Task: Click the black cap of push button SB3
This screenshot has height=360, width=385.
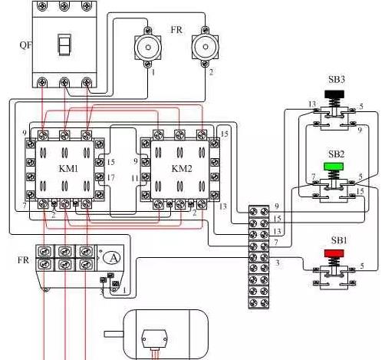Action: pos(334,94)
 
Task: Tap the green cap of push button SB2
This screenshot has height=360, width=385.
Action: pos(334,167)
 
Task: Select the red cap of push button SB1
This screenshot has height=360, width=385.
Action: pos(334,253)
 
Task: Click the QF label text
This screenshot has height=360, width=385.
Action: pos(26,45)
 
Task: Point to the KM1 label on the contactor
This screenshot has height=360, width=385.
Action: pos(68,169)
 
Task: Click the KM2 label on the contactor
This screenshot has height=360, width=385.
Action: pos(182,169)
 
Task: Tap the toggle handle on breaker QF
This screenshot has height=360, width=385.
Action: pos(64,45)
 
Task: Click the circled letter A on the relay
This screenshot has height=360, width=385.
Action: pos(112,258)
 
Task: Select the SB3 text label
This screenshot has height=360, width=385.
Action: pos(337,80)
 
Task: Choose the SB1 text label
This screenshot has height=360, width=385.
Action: pos(339,240)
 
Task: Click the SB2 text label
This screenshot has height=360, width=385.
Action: pos(336,154)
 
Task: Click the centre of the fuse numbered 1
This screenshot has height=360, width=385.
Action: pos(148,47)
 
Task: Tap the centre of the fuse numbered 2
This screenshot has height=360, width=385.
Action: pos(206,47)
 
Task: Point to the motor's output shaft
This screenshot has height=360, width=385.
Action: pos(114,334)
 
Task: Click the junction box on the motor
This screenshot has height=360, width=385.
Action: pos(154,339)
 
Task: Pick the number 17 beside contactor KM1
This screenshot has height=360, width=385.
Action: pos(110,177)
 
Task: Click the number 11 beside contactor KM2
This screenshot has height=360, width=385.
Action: pos(135,178)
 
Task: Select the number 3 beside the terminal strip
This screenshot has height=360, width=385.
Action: pos(278,263)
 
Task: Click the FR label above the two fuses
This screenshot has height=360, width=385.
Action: pos(176,30)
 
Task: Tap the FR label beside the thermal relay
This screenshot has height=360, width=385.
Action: pos(23,260)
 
